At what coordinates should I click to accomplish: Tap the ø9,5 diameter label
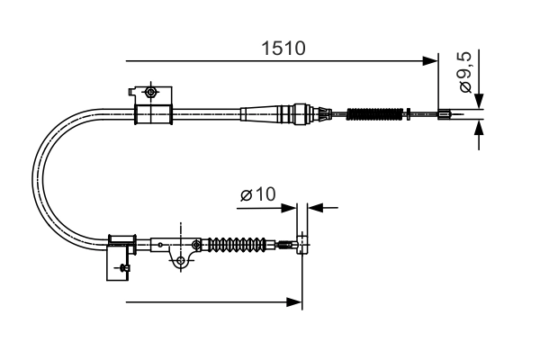(x=465, y=74)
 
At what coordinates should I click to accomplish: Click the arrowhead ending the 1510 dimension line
(x=430, y=61)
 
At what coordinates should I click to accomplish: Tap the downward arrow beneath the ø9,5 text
(x=479, y=101)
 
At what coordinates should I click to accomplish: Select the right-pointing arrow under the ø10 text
(x=290, y=207)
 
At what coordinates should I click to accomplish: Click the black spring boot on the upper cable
(x=373, y=113)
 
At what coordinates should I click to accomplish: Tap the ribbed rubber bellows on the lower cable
(x=238, y=243)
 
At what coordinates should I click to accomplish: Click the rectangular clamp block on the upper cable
(x=152, y=114)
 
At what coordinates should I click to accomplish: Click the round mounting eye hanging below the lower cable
(x=183, y=261)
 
